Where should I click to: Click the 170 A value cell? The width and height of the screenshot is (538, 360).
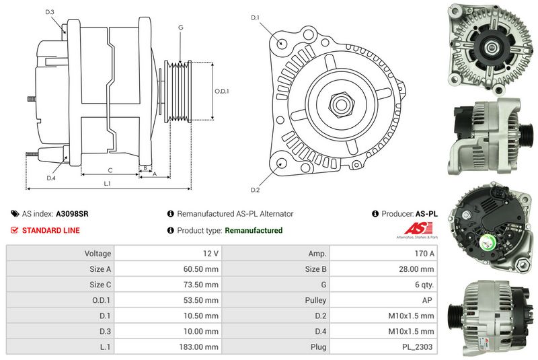coord(383,253)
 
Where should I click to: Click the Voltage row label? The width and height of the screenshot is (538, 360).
coord(98,254)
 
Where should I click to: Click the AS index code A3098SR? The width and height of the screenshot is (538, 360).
coord(72,214)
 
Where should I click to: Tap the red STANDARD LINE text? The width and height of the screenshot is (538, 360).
coord(51,230)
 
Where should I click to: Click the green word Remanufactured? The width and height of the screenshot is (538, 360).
coord(254,230)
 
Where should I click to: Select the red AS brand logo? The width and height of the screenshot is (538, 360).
coord(418,229)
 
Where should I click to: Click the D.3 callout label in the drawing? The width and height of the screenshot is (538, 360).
coord(50,12)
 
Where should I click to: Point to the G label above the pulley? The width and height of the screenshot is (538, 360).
coord(180,27)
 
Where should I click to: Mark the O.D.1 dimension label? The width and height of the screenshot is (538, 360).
coord(222,92)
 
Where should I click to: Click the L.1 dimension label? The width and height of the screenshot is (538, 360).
coord(108,184)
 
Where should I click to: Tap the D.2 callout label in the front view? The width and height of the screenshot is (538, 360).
coord(255,190)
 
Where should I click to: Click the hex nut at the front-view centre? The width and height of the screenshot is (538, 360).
coord(341,104)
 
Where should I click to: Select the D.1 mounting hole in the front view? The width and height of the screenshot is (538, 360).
coord(281,43)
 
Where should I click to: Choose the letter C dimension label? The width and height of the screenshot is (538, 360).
coord(110,170)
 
